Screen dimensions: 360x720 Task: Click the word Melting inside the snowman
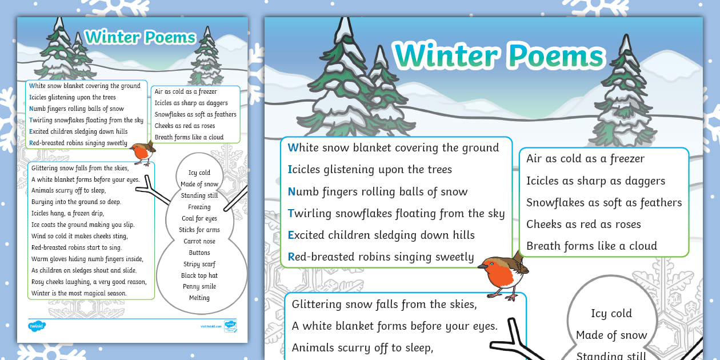coord(199,298)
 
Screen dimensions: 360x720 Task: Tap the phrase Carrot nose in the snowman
coord(199,241)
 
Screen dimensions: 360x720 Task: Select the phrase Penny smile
coord(199,286)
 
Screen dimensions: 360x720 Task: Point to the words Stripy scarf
coord(199,264)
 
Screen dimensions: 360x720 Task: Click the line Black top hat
coord(199,275)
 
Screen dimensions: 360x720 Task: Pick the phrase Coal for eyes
coord(199,218)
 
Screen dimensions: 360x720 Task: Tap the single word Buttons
coord(199,253)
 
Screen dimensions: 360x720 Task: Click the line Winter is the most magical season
coord(79,293)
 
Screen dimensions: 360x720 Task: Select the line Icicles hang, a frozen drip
coord(72,213)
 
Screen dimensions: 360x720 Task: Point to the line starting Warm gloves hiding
coord(87,259)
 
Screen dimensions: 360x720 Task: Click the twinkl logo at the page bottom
coord(37,326)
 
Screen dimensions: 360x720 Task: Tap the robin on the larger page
coord(503,275)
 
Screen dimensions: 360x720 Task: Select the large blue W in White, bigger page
coord(293,147)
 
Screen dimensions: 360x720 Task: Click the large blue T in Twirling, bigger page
coord(291,214)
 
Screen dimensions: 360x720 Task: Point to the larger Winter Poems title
coord(498,55)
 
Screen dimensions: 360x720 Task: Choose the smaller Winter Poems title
coord(141,38)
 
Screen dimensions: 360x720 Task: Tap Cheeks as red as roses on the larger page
coord(583,224)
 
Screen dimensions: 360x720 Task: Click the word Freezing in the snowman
coord(199,207)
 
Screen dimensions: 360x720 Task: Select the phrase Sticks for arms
coord(199,230)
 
